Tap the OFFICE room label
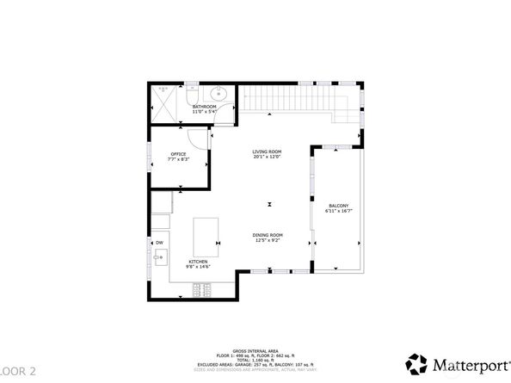click(x=177, y=154)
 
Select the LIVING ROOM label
click(x=267, y=151)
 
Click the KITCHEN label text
click(x=199, y=262)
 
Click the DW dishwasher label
click(x=159, y=243)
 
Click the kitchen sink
click(x=160, y=256)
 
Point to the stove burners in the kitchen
click(x=202, y=287)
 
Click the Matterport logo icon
click(x=417, y=362)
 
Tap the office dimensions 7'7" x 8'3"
click(x=177, y=160)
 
